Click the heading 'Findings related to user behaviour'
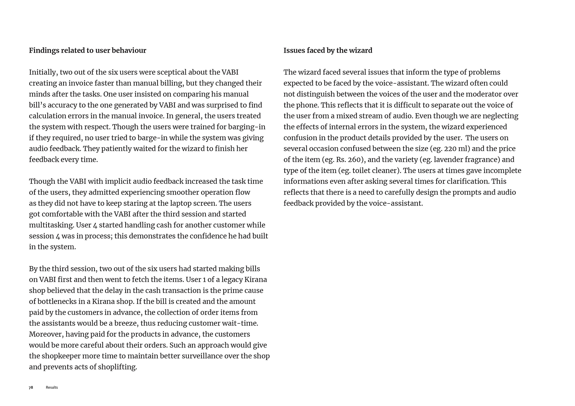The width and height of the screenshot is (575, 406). [x=87, y=51]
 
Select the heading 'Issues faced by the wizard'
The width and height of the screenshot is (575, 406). [x=328, y=51]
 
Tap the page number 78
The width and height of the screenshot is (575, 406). [x=31, y=387]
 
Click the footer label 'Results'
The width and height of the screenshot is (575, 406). [x=52, y=387]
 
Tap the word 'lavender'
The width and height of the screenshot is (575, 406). [x=448, y=160]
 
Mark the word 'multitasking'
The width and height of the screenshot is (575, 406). [x=51, y=225]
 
